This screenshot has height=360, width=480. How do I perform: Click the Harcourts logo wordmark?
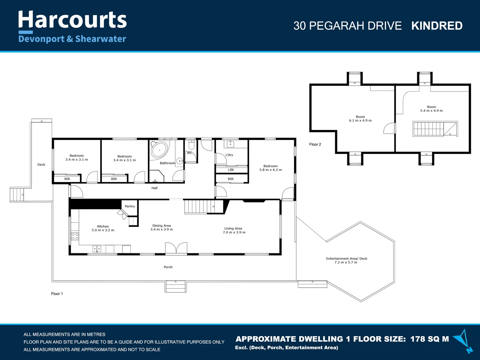click(x=72, y=20)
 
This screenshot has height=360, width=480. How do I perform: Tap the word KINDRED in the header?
click(x=437, y=26)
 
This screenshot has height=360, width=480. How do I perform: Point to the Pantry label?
click(x=130, y=206)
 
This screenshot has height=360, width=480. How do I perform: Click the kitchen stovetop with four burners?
click(x=75, y=236)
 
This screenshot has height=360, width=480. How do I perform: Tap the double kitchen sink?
click(x=97, y=249)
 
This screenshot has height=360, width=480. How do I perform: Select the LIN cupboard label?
click(x=231, y=170)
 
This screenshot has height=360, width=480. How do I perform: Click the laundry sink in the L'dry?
click(x=230, y=144)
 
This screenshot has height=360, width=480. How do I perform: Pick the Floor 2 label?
click(x=315, y=144)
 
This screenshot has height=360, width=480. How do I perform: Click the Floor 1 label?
click(x=57, y=294)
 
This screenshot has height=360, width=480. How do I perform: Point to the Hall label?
click(x=154, y=188)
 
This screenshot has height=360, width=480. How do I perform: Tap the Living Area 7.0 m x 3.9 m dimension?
click(x=234, y=232)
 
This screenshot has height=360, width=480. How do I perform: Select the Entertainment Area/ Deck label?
click(x=347, y=259)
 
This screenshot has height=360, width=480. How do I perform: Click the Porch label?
click(x=168, y=267)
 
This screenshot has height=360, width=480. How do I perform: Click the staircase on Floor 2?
click(x=435, y=129)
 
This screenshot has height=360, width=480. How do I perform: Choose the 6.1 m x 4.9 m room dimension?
click(x=360, y=120)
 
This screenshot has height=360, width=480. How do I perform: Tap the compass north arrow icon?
click(x=463, y=341)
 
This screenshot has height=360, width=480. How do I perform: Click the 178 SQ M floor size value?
click(x=429, y=339)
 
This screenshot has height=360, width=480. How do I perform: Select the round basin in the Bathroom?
click(x=180, y=161)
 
